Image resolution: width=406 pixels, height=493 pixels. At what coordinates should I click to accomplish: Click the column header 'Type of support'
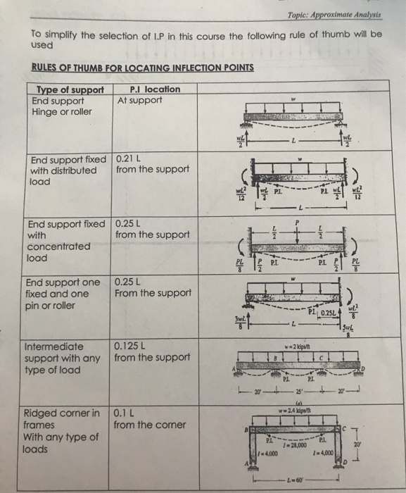[70, 89]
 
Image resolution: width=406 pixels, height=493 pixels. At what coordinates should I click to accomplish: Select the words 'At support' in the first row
[140, 100]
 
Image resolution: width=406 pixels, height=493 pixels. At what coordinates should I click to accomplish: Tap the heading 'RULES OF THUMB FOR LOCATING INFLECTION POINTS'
[132, 68]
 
